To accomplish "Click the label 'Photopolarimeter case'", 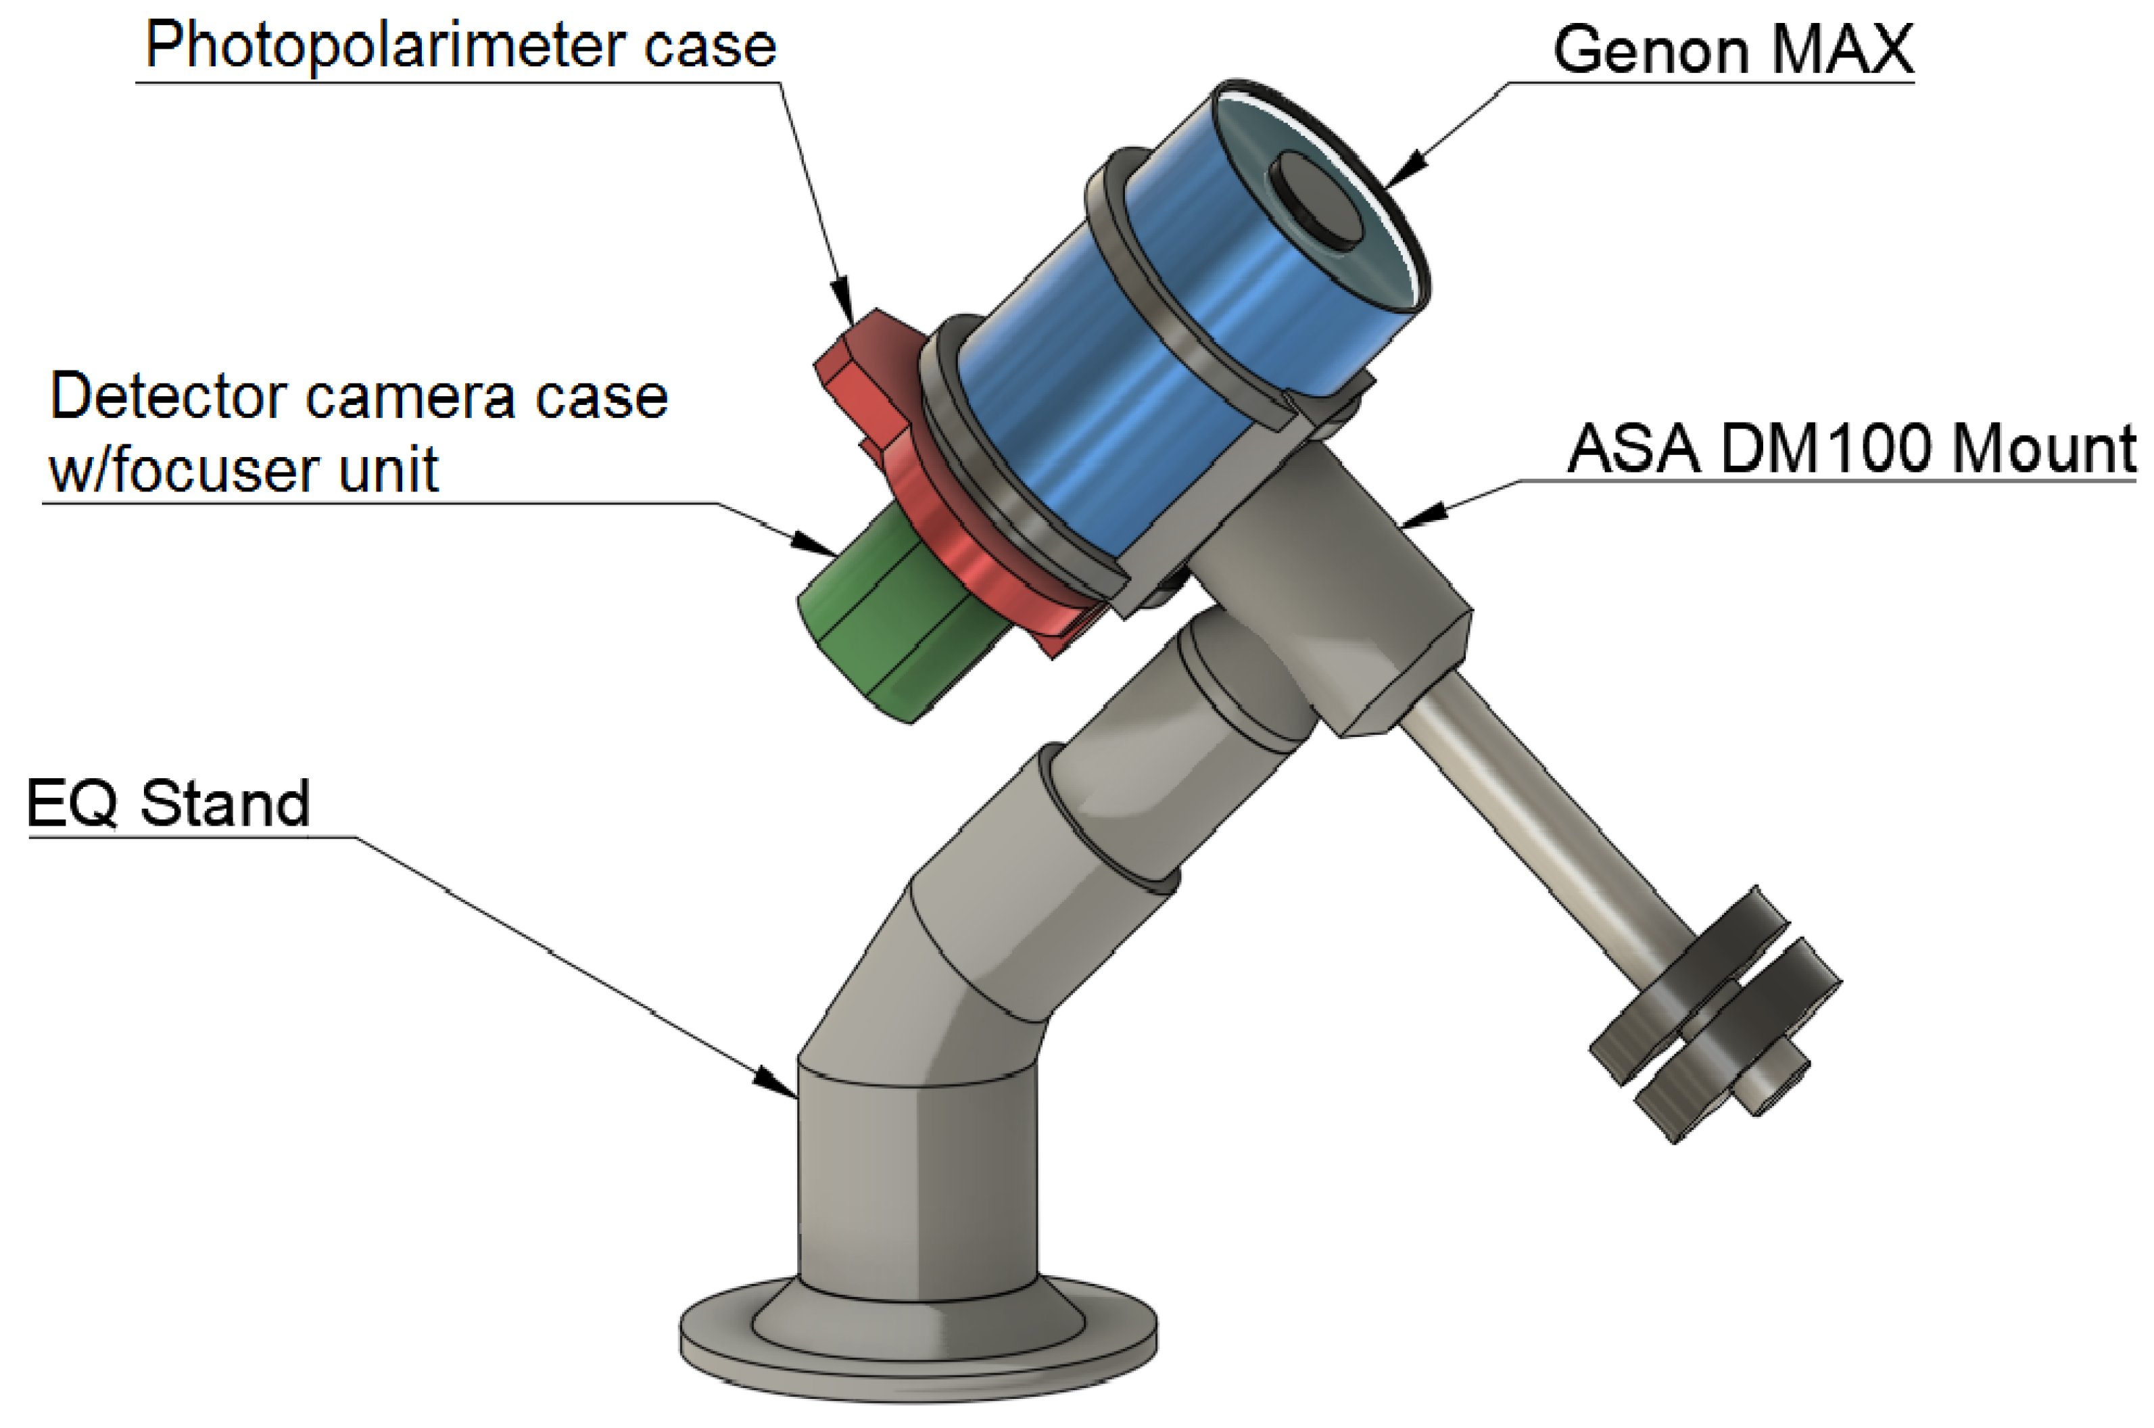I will (460, 45).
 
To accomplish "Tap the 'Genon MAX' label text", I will (1733, 49).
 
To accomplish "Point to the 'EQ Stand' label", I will (168, 804).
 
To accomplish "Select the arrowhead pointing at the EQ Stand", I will (775, 1084).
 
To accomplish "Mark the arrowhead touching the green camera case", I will (815, 544).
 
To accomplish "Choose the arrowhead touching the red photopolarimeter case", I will (843, 300).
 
